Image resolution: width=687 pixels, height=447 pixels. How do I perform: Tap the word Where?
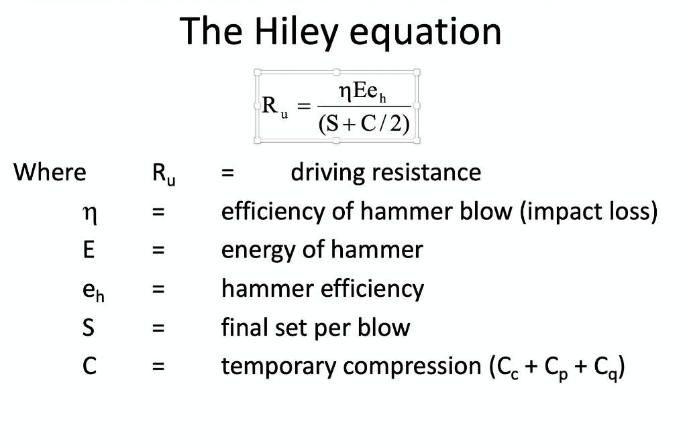pos(50,172)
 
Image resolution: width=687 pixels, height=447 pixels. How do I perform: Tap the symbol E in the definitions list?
pos(88,250)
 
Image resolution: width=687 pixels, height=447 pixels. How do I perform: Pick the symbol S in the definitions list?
pos(88,328)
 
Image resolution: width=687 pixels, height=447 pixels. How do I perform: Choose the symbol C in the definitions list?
pos(89,366)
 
